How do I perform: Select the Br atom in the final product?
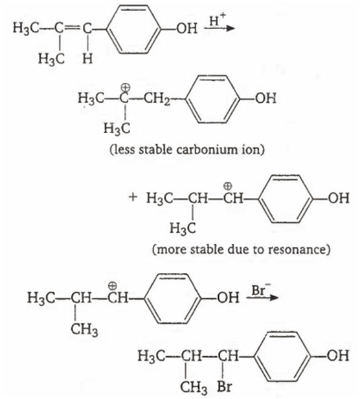point(225,387)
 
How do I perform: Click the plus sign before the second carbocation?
point(133,197)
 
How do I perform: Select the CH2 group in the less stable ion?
point(157,99)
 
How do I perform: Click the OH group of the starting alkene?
point(187,28)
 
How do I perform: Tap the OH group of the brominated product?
point(338,356)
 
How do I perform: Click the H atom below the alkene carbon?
point(87,59)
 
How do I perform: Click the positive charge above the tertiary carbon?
point(125,87)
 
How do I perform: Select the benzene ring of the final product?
point(283,356)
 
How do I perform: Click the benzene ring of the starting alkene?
point(135,28)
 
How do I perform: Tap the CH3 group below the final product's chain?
point(194,387)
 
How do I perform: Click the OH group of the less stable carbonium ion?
point(265,98)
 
